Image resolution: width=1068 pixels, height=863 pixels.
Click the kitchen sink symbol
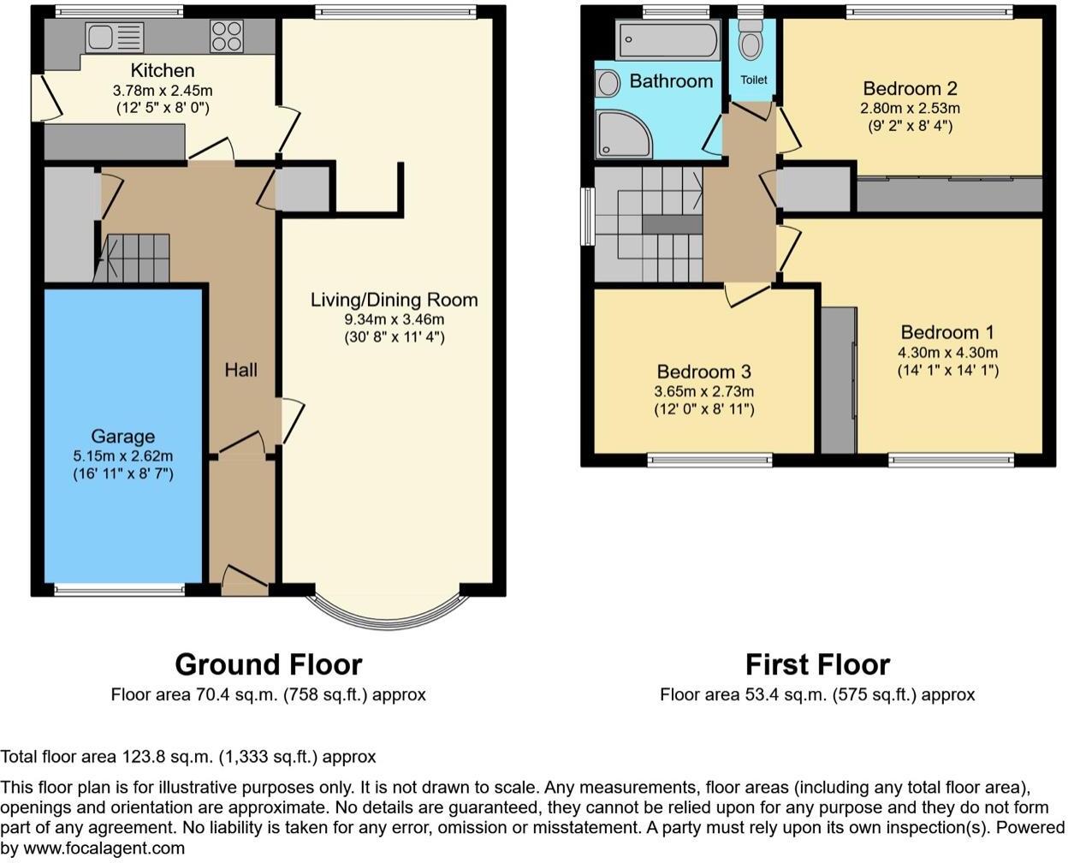pos(114,37)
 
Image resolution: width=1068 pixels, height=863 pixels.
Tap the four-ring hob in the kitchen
pos(226,37)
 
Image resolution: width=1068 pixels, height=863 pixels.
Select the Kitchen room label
pos(162,70)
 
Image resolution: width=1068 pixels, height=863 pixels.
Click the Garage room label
pos(123,437)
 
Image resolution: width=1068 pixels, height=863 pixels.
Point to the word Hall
pos(240,370)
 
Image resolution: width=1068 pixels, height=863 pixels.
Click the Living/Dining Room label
pos(394,300)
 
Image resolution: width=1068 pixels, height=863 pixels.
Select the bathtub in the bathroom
pos(668,39)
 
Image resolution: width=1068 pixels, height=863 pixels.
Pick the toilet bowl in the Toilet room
pos(751,43)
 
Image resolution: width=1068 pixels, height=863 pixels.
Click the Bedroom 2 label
pos(910,88)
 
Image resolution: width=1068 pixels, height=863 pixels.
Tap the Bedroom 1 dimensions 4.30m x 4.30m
pos(947,352)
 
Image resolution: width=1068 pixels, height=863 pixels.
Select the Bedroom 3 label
pos(703,372)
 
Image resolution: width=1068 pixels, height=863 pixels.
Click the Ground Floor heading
pos(268,664)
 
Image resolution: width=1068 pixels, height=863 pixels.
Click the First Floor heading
pos(816,664)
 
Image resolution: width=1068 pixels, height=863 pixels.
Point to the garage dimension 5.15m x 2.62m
pos(123,455)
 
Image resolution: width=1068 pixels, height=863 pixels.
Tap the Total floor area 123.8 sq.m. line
pos(188,757)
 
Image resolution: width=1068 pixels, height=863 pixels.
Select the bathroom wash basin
pos(608,83)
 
